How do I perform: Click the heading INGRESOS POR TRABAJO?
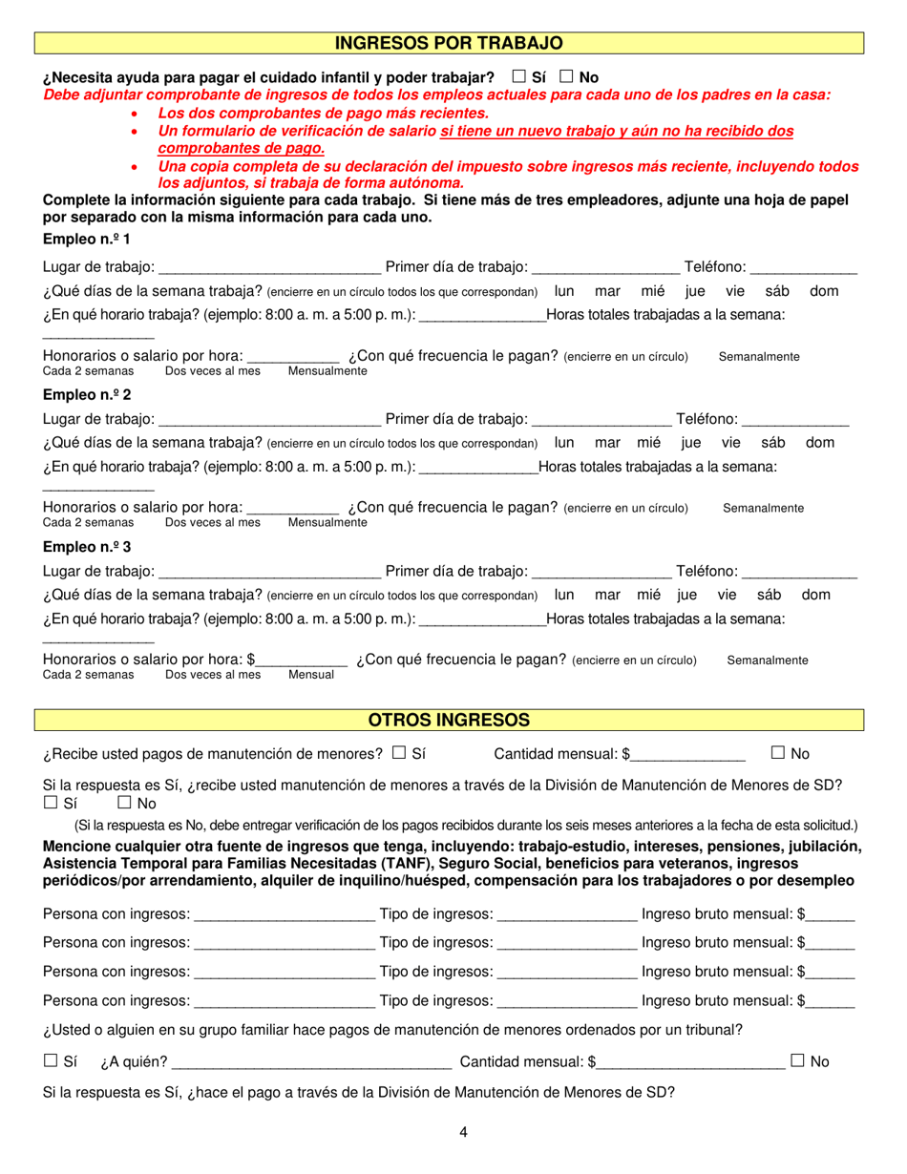(449, 43)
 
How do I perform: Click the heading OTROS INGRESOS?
(449, 720)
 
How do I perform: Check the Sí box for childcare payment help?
(519, 76)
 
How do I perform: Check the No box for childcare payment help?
(567, 76)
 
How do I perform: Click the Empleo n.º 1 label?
(87, 239)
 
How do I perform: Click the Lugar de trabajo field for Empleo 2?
(269, 419)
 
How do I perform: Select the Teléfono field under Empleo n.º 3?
(799, 572)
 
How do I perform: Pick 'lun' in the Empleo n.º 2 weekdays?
(564, 442)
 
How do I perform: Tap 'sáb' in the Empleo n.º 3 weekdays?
(769, 595)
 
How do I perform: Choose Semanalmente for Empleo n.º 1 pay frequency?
(759, 357)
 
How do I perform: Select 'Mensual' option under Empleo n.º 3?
(311, 675)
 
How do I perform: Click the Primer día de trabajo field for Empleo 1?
(605, 267)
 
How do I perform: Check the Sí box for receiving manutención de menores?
(399, 753)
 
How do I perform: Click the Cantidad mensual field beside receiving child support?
(687, 755)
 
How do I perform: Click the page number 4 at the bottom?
(463, 1133)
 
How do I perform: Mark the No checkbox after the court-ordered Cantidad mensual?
(798, 1060)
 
